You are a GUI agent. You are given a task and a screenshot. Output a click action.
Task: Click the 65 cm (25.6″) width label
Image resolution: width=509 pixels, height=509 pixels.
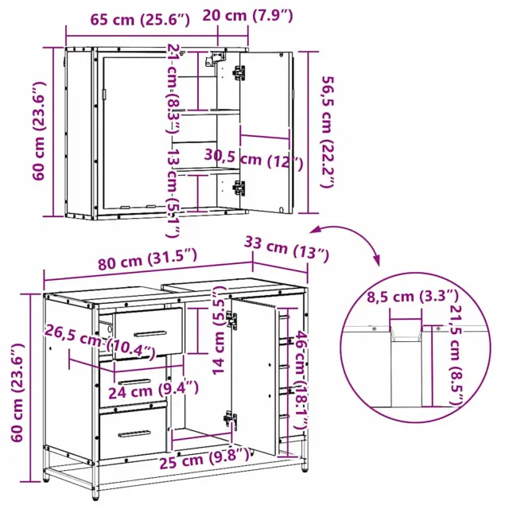click(x=140, y=20)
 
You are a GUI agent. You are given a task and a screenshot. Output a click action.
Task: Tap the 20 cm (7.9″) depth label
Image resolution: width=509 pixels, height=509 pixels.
click(x=247, y=15)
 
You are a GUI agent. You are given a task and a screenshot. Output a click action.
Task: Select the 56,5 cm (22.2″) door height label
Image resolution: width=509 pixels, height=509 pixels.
click(x=327, y=132)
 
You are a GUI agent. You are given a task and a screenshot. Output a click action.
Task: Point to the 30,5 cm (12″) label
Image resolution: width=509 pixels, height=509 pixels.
click(x=254, y=159)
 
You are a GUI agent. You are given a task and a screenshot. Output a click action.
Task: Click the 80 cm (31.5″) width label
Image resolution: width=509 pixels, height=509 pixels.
click(x=147, y=259)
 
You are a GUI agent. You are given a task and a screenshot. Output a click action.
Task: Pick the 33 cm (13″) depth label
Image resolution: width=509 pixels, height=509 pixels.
click(x=286, y=249)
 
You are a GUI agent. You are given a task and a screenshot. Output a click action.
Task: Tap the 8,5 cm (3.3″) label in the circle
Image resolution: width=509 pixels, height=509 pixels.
click(x=413, y=297)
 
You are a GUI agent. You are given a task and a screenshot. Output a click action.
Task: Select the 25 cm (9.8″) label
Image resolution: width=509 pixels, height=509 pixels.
click(x=204, y=458)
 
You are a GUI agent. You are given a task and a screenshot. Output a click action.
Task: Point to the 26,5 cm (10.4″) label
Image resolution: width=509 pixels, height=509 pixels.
click(x=100, y=342)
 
